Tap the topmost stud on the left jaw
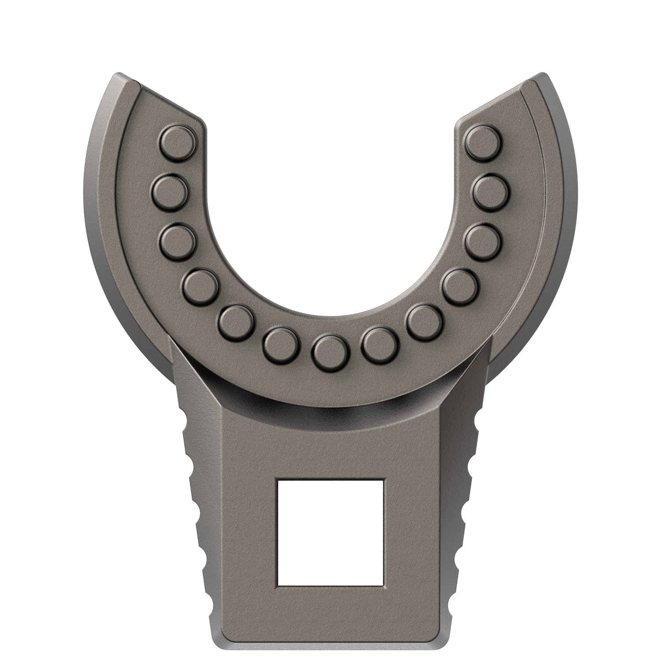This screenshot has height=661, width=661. pos(177,141)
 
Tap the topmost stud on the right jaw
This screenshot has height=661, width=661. pos(484,141)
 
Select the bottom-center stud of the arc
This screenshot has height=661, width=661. pos(330,353)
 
